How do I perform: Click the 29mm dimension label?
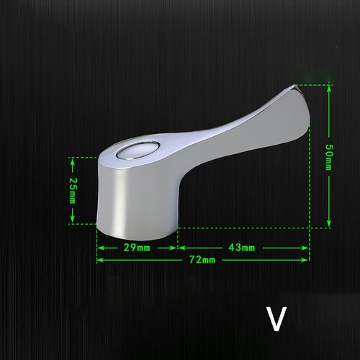point(137,248)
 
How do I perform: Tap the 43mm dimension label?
point(241,248)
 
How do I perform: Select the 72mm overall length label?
point(202,260)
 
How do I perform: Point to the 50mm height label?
point(329,157)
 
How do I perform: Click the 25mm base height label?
point(72,191)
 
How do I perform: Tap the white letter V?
point(276,319)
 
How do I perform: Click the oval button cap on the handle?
point(138,150)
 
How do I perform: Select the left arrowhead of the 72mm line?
point(100,260)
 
